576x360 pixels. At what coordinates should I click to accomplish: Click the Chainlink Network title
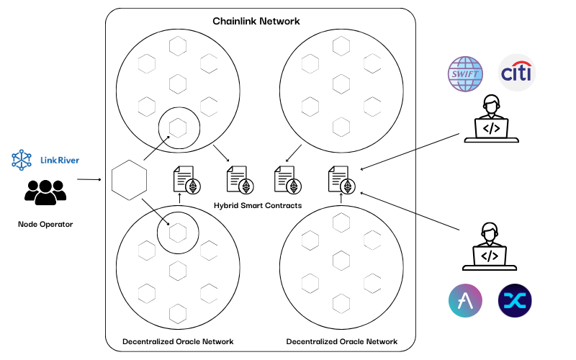coord(256,22)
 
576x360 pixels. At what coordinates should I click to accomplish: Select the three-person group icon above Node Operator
coord(45,192)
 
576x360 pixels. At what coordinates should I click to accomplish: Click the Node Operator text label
coord(45,225)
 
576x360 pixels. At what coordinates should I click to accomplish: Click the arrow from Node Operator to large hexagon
coord(89,179)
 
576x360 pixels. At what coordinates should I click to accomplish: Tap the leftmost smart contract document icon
coord(184,179)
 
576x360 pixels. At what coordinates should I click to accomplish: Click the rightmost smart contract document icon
coord(341,179)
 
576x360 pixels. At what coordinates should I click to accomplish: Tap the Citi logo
coord(517,73)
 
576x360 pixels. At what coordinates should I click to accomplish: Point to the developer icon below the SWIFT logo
coord(490,120)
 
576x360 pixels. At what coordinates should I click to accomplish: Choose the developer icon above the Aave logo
coord(489,247)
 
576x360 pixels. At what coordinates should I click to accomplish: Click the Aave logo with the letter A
coord(465,301)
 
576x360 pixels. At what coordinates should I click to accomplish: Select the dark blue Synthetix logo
coord(515,301)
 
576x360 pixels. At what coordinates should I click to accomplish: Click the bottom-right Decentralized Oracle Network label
coord(341,341)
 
